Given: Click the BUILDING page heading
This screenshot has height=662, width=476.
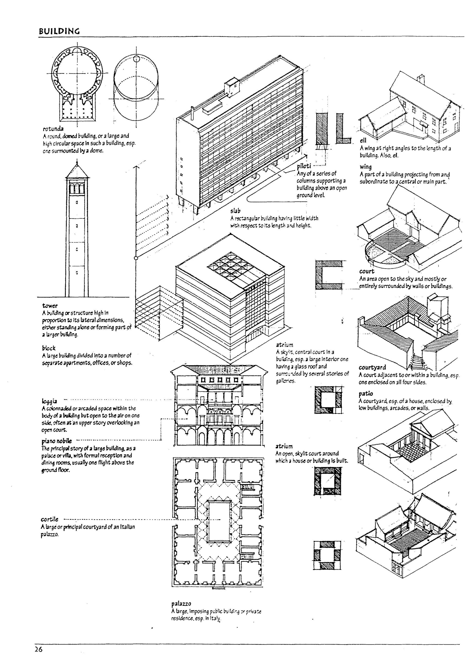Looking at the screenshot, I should point(59,31).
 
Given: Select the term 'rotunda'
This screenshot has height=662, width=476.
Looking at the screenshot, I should point(53,129).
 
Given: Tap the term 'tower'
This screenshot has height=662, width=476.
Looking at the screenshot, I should point(50,306).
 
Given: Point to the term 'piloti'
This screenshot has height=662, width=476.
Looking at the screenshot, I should point(304,166).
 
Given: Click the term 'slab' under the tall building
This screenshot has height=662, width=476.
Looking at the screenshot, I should point(235,211).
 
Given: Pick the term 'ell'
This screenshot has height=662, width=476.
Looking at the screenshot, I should point(363,141).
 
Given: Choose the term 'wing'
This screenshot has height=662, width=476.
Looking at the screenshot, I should point(366,167).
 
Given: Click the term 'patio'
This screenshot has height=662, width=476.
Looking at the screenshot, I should point(366,393).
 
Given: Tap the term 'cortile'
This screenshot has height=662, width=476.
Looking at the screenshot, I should point(50,519).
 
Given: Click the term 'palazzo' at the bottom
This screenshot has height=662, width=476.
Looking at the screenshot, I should point(181,604).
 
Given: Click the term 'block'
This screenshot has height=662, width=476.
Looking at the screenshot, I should point(49,348).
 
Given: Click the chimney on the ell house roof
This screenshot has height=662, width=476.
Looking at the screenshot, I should point(421,79).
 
